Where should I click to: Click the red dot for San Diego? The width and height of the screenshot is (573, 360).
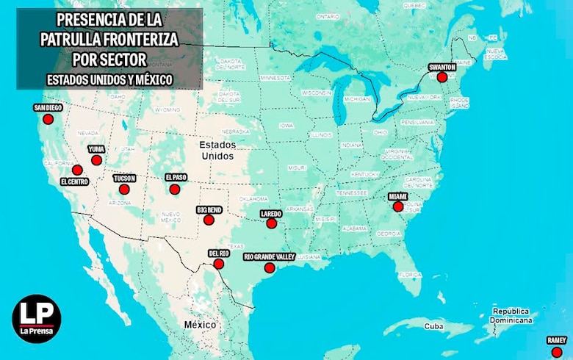click(48, 119)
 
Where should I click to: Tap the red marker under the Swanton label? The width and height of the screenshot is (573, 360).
click(442, 77)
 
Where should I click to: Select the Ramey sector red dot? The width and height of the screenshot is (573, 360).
click(556, 352)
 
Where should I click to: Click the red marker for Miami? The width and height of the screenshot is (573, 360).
click(397, 207)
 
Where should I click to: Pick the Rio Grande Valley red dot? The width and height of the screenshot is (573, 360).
click(269, 268)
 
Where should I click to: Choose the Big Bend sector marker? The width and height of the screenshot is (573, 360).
click(209, 220)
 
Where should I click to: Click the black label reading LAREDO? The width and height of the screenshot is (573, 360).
click(271, 214)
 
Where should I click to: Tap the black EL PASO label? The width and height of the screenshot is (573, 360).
click(176, 177)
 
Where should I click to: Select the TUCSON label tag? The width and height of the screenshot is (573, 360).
click(124, 179)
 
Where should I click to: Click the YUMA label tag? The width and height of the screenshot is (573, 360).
click(95, 149)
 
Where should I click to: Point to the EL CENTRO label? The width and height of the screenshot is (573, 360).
click(75, 181)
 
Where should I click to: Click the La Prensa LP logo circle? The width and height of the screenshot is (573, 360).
click(36, 319)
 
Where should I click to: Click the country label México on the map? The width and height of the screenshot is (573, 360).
click(199, 324)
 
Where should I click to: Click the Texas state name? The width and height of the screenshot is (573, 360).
click(235, 246)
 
